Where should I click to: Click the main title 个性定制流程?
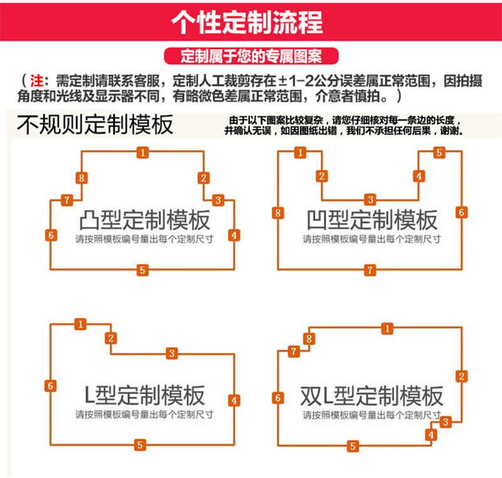[247, 23]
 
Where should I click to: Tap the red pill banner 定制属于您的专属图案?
[251, 56]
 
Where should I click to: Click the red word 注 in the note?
[36, 81]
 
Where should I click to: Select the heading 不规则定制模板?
[95, 124]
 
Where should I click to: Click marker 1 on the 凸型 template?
[143, 153]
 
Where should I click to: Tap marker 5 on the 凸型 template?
[142, 270]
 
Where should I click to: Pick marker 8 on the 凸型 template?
[82, 178]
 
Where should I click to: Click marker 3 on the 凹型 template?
[370, 200]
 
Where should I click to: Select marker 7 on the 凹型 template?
[370, 270]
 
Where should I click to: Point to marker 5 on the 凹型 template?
[439, 153]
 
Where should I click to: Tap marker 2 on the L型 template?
[111, 338]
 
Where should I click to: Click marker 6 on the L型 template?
[50, 386]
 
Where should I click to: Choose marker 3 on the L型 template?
[172, 354]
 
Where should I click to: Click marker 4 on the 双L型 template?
[431, 435]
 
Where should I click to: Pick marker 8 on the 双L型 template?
[309, 339]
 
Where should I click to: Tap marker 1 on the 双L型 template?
[387, 329]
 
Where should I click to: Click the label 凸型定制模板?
[145, 220]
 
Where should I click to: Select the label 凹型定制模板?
[372, 220]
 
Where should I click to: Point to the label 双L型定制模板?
[371, 396]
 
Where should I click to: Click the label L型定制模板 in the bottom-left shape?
[144, 395]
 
